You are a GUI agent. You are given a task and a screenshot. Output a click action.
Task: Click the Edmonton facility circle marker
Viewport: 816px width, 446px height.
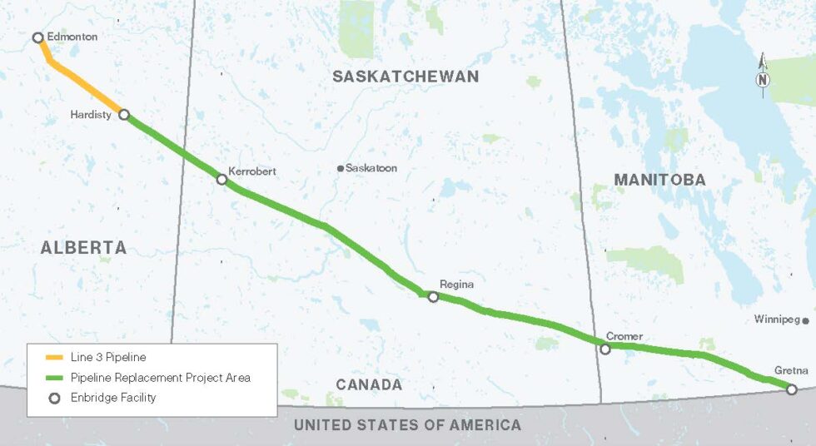click(37, 37)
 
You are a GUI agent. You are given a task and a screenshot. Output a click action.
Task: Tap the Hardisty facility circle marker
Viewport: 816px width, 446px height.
click(124, 115)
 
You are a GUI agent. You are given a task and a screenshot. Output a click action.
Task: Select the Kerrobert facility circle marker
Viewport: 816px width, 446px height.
click(221, 179)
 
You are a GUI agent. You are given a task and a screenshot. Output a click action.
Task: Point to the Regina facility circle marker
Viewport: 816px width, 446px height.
click(433, 296)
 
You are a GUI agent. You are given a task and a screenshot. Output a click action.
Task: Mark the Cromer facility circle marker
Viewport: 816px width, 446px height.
click(605, 349)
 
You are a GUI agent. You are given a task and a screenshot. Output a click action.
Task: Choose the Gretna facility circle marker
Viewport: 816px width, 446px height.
click(792, 389)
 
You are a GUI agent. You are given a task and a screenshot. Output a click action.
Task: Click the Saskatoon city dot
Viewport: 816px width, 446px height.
click(341, 168)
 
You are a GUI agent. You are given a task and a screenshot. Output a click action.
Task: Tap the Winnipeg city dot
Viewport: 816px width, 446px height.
click(806, 320)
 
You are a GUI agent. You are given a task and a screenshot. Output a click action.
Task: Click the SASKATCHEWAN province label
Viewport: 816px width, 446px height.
click(406, 77)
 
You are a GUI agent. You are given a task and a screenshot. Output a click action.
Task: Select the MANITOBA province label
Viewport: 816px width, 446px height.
click(659, 180)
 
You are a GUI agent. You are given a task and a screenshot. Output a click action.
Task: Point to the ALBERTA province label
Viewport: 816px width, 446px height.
click(83, 247)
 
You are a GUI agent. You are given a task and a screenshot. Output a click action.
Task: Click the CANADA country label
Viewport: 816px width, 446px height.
click(369, 385)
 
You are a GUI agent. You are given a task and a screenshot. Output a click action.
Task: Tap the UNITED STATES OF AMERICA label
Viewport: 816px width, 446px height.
click(407, 425)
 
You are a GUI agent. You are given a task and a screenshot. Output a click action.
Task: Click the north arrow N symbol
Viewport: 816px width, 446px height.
click(763, 80)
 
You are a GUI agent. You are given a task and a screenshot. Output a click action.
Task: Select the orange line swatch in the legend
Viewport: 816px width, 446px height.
click(54, 358)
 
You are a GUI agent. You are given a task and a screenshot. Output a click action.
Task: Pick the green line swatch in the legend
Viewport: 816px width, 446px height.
click(54, 378)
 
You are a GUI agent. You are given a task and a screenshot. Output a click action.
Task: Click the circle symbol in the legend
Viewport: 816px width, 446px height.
click(54, 398)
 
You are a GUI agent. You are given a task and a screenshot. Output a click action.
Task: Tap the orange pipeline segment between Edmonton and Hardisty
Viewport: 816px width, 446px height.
click(83, 83)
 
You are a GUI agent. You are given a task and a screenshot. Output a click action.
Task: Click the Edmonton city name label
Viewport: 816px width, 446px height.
click(72, 37)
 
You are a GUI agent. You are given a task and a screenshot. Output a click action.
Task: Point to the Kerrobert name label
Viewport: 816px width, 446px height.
click(252, 171)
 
